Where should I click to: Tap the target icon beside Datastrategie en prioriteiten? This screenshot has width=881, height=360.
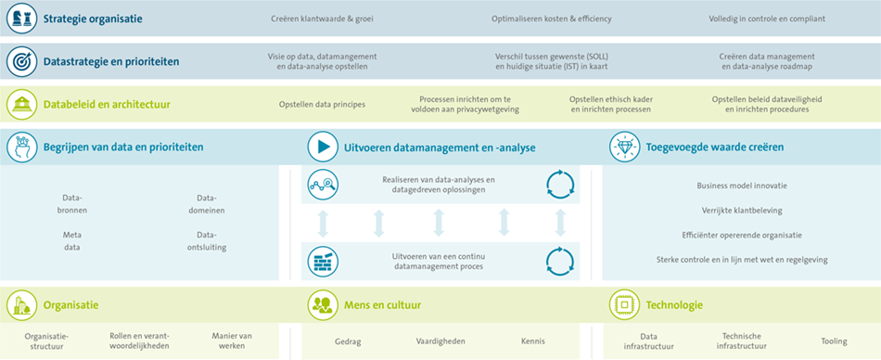coord(22,62)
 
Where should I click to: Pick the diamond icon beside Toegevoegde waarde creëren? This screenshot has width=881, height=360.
coord(624,147)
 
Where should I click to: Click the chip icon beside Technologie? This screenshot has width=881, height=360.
coord(624,304)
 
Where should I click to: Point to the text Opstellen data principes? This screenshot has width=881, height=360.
coord(322,104)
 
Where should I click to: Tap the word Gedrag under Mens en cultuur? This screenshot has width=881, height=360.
coord(348,341)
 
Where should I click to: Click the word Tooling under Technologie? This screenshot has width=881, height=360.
coord(834,341)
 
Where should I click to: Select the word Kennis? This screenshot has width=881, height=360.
coord(533,341)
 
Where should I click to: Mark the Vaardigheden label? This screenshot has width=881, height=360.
coord(440,341)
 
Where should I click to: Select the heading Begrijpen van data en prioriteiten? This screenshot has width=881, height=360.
coord(123,147)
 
